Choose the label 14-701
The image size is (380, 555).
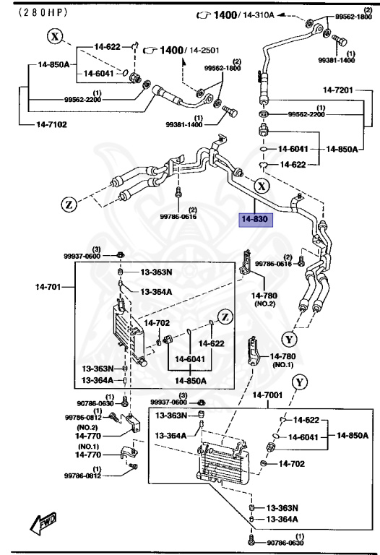click(x=50, y=287)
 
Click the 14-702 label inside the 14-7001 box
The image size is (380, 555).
click(x=293, y=463)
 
